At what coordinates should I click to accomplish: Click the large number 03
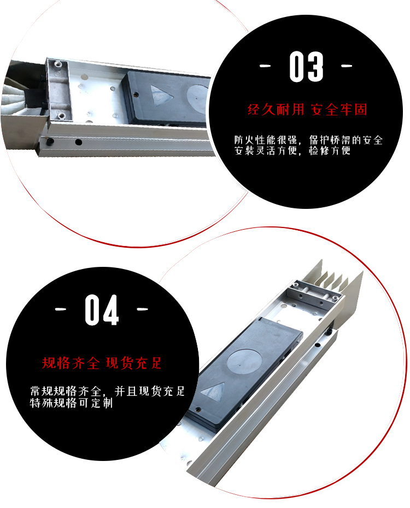click(x=306, y=66)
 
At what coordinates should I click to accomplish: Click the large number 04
click(x=102, y=310)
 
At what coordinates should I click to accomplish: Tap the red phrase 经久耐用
click(x=276, y=110)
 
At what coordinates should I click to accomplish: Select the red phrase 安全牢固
click(x=339, y=110)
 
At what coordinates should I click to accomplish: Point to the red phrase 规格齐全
click(x=71, y=363)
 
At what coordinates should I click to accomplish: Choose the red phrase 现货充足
click(x=133, y=363)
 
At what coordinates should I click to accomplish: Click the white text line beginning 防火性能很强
click(x=308, y=140)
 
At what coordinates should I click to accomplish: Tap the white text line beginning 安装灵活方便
click(x=292, y=151)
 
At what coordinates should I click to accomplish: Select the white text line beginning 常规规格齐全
click(x=107, y=392)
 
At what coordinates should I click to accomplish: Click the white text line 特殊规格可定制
click(x=71, y=403)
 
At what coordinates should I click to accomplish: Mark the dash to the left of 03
click(x=265, y=66)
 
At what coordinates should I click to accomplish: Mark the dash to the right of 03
click(x=347, y=66)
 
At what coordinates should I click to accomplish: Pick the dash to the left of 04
click(x=61, y=309)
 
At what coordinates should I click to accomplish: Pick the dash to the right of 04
click(x=142, y=309)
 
